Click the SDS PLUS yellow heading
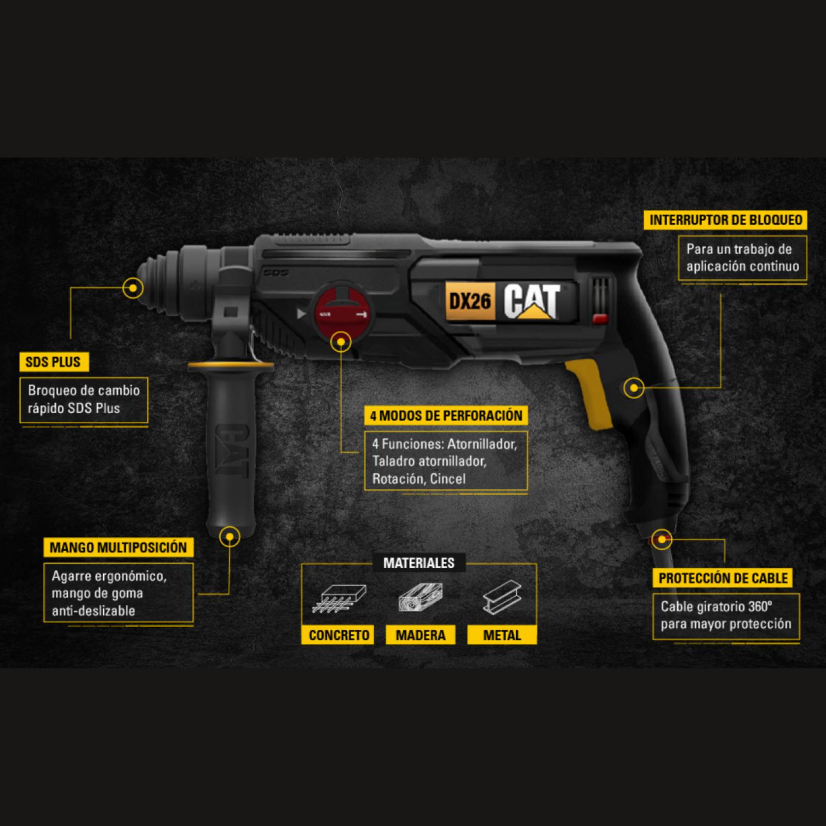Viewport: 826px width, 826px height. (54, 362)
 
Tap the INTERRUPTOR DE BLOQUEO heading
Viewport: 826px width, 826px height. (725, 220)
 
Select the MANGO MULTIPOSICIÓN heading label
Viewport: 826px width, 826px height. (118, 547)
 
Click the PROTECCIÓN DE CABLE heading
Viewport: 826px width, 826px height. (723, 578)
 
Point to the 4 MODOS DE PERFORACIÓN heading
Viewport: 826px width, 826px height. (446, 416)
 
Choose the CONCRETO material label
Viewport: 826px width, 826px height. (339, 635)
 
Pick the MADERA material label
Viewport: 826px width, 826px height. (420, 635)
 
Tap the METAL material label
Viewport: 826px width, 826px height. (502, 635)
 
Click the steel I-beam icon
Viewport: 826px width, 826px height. (502, 598)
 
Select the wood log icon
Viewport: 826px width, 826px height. (420, 598)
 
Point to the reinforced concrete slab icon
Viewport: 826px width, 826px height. (339, 598)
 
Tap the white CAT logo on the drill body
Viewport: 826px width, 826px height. (532, 301)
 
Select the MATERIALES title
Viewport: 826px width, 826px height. (419, 563)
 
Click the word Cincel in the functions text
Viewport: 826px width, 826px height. (448, 479)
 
